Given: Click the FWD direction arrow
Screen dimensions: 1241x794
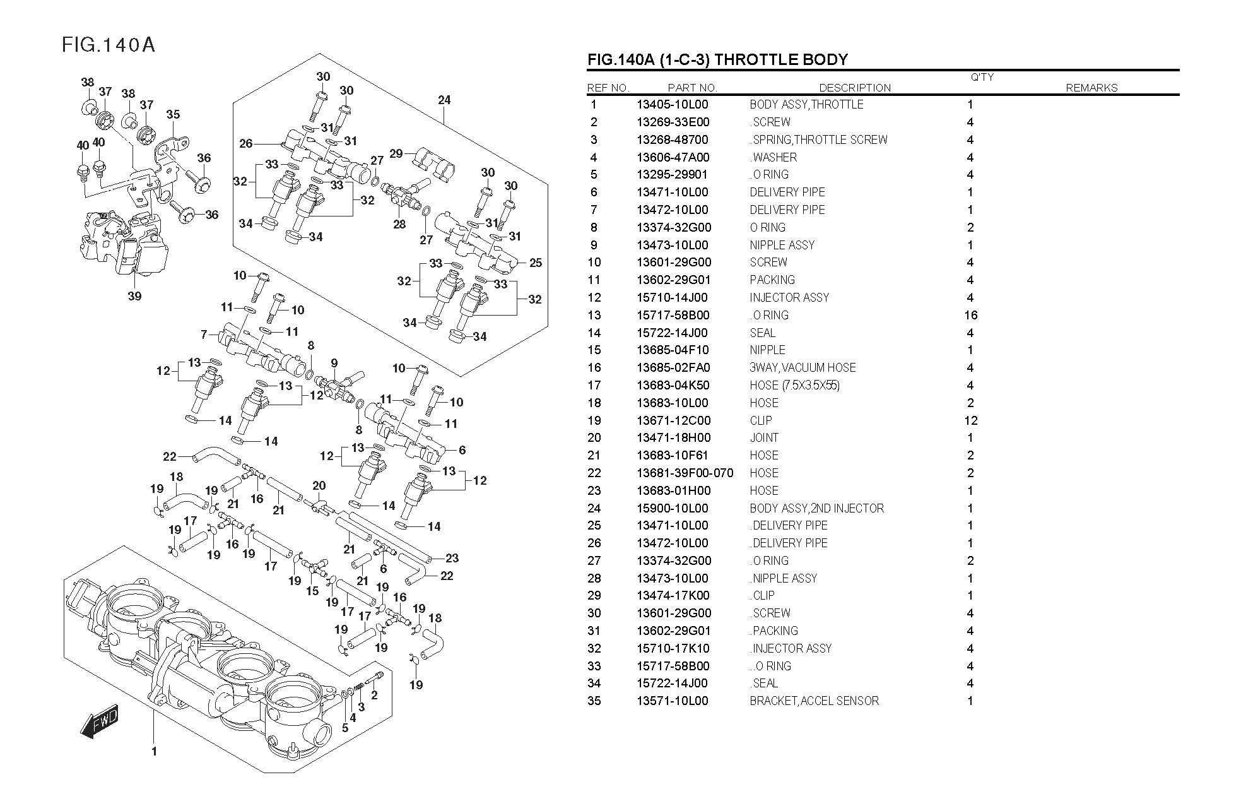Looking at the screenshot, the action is [x=100, y=720].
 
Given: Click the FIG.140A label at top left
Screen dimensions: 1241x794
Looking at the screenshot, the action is [x=108, y=45].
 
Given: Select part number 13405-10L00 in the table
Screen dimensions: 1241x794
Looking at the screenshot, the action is [x=672, y=105].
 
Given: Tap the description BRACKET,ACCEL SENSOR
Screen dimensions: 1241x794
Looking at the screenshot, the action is [x=814, y=701].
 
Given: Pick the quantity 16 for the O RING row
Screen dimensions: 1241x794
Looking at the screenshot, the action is [x=970, y=315].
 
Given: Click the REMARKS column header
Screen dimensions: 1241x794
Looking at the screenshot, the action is [x=1091, y=88].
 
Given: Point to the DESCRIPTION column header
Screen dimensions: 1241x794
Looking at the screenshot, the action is [x=855, y=88].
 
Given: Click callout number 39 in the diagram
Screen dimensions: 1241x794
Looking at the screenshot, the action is [x=134, y=296].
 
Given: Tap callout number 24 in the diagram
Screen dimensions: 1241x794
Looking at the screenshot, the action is [x=444, y=100].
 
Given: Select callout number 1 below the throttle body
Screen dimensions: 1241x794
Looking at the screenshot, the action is [x=154, y=751].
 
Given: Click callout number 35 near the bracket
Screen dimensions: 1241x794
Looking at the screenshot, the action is [x=173, y=114].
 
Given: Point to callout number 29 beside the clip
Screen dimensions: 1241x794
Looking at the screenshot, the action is [x=396, y=153].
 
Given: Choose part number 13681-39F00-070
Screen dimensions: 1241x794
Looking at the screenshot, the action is [x=685, y=473].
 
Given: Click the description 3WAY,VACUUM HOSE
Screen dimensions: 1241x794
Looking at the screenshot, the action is [x=803, y=367].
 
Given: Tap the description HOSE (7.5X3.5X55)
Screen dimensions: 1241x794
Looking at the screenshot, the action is [x=794, y=385].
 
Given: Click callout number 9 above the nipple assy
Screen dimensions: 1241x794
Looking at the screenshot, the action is [x=334, y=363].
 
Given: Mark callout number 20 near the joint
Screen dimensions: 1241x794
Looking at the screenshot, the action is [x=319, y=485].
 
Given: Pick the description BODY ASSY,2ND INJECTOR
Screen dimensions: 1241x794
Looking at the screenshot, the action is [x=816, y=508].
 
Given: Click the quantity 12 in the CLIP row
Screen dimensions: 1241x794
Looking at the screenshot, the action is [x=970, y=420].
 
